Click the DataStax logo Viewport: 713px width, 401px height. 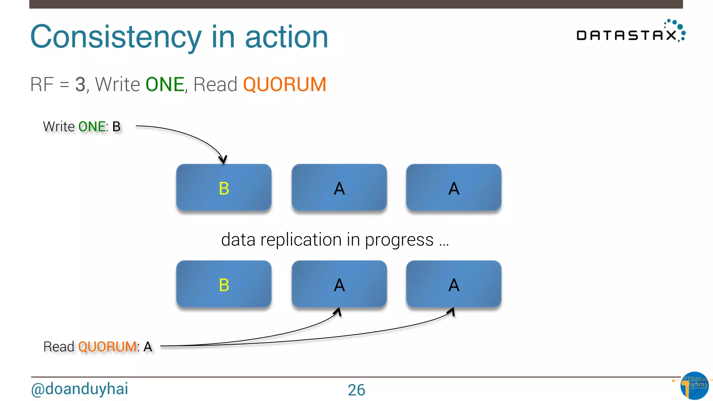click(x=630, y=32)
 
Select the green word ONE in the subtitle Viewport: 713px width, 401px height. click(x=165, y=85)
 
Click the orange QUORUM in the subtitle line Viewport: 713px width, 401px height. click(x=284, y=85)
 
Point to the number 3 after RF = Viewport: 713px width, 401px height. click(x=80, y=85)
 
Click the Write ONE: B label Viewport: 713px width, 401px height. click(x=82, y=127)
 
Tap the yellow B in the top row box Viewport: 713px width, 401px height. click(x=224, y=188)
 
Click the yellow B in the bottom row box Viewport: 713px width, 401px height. click(x=224, y=285)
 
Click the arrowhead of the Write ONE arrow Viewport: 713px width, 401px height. click(x=223, y=160)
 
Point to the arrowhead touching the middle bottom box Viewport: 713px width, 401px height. click(x=338, y=311)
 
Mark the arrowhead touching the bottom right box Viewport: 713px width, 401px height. click(x=452, y=311)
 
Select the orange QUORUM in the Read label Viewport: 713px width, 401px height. click(x=107, y=347)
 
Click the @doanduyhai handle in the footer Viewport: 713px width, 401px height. click(x=79, y=389)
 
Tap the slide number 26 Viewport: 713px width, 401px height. click(x=356, y=390)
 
